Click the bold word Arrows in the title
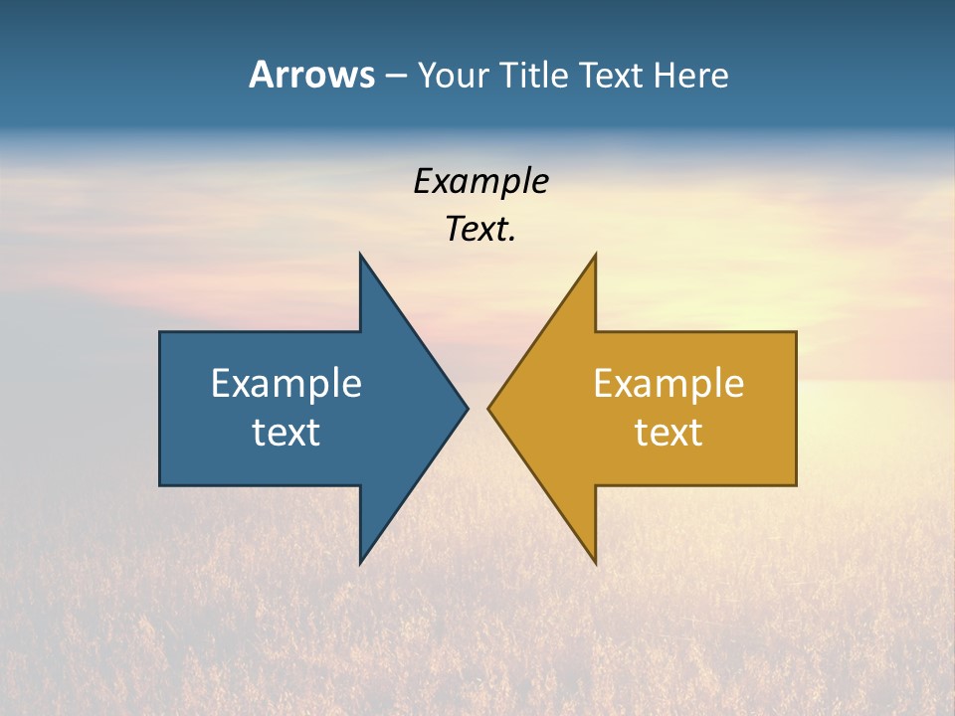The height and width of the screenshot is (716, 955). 311,75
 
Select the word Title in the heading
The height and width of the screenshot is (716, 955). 538,75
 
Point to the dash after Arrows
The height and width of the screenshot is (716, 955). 395,76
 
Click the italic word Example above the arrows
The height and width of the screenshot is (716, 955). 480,181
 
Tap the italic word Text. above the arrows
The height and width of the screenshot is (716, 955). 480,229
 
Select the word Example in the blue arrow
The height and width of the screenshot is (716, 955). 286,383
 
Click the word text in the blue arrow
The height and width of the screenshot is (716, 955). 286,432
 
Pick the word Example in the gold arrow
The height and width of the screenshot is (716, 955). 668,383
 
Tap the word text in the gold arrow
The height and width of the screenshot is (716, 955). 668,432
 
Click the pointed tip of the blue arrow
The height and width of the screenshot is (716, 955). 467,408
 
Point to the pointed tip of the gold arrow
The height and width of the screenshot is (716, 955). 489,408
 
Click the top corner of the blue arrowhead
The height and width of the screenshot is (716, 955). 360,255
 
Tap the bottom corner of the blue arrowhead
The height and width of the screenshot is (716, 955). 360,563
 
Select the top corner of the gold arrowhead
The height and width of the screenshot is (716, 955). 595,255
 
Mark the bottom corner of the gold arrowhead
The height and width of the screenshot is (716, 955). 595,563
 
